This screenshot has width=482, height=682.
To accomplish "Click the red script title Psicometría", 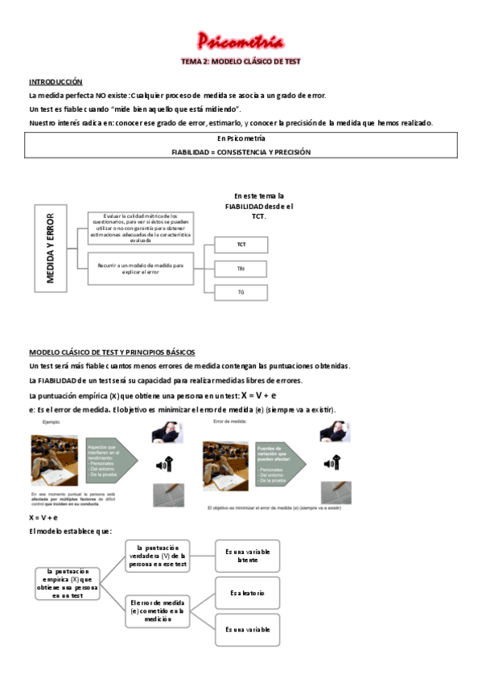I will (x=240, y=42).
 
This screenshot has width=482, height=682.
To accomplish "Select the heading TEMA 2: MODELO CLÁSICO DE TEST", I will (x=240, y=62).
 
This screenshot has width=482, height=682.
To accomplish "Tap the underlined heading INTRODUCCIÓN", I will (x=56, y=82).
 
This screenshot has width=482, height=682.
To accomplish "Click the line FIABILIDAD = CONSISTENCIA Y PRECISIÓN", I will (x=241, y=152).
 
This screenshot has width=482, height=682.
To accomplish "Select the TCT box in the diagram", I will (x=241, y=244).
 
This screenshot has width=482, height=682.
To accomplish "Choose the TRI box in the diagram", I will (x=241, y=268).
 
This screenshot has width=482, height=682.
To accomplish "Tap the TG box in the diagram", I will (x=241, y=292).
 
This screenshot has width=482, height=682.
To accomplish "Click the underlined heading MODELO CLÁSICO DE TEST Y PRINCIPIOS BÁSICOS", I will (x=112, y=352).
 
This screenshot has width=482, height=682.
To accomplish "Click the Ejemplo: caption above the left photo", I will (x=51, y=421).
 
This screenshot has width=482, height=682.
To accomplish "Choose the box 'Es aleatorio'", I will (x=247, y=594).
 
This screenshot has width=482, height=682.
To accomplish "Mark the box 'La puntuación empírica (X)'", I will (x=68, y=583).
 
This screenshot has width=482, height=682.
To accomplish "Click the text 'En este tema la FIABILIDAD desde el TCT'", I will (x=258, y=206).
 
